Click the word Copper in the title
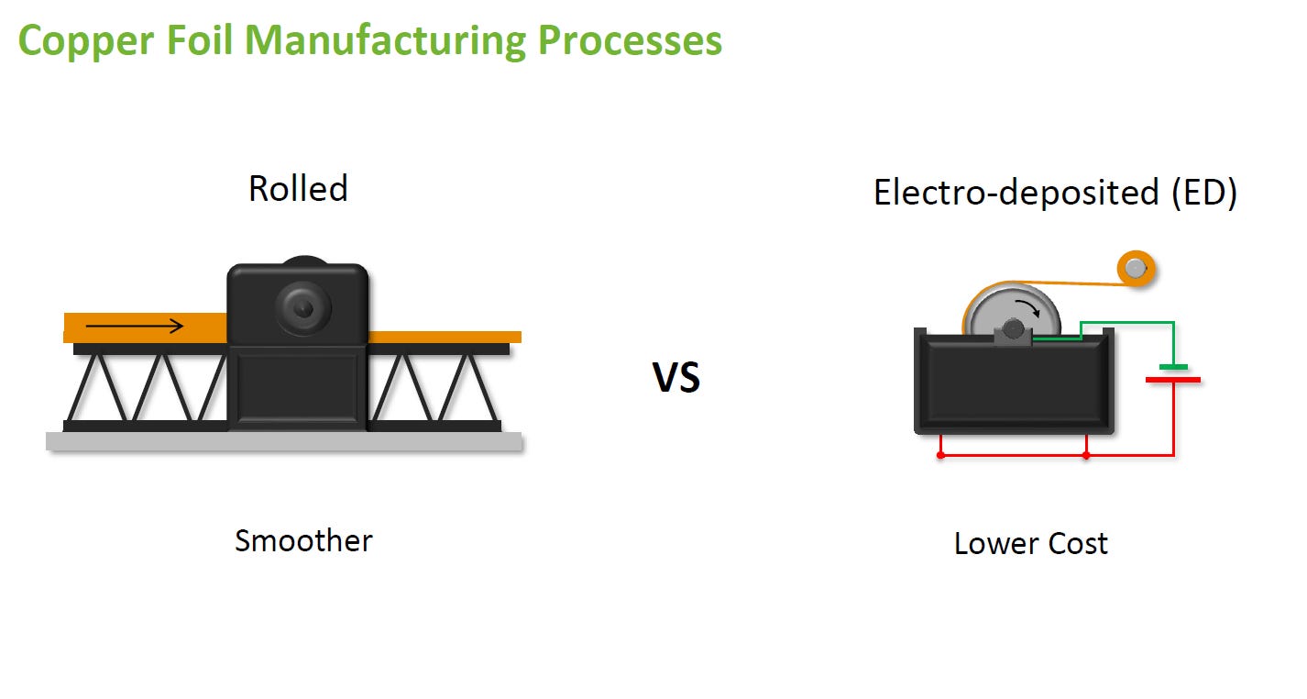pyautogui.click(x=86, y=41)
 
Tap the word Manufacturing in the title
pyautogui.click(x=386, y=41)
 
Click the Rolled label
pyautogui.click(x=298, y=188)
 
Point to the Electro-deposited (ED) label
pyautogui.click(x=1055, y=192)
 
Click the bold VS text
pyautogui.click(x=676, y=377)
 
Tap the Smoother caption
pyautogui.click(x=303, y=540)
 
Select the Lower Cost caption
pyautogui.click(x=1031, y=544)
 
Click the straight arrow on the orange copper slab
pyautogui.click(x=135, y=326)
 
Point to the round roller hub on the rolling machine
pyautogui.click(x=303, y=307)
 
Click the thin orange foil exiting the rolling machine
pyautogui.click(x=445, y=337)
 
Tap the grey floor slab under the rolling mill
pyautogui.click(x=284, y=441)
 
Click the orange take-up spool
pyautogui.click(x=1136, y=269)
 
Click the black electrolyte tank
pyautogui.click(x=1014, y=382)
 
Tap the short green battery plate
pyautogui.click(x=1173, y=367)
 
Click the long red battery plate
pyautogui.click(x=1173, y=380)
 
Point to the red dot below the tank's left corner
pyautogui.click(x=940, y=455)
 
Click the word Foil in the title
pyautogui.click(x=200, y=41)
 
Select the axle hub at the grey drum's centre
pyautogui.click(x=1014, y=330)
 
